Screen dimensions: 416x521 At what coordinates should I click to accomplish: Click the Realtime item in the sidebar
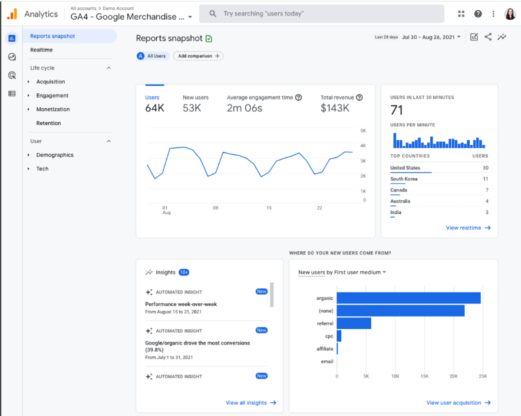pyautogui.click(x=41, y=50)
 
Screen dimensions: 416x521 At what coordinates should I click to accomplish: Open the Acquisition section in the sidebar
pyautogui.click(x=50, y=82)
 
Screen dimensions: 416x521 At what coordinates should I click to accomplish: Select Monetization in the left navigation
pyautogui.click(x=53, y=109)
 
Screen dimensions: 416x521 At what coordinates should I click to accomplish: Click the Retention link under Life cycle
pyautogui.click(x=49, y=123)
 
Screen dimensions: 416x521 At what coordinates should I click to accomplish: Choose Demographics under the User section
pyautogui.click(x=55, y=155)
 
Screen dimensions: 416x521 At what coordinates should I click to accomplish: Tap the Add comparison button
pyautogui.click(x=198, y=56)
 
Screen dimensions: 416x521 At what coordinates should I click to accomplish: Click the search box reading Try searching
pyautogui.click(x=321, y=14)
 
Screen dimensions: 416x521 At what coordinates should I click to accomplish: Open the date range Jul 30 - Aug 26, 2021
pyautogui.click(x=431, y=37)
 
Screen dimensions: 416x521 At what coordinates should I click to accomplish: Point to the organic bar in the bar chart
pyautogui.click(x=408, y=298)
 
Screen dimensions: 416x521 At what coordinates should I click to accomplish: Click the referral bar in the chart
pyautogui.click(x=354, y=323)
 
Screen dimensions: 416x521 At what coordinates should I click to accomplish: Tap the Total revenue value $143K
pyautogui.click(x=335, y=108)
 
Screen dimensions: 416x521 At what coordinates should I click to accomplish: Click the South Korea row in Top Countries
pyautogui.click(x=404, y=179)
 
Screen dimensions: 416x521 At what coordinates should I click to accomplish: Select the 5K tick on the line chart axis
pyautogui.click(x=363, y=131)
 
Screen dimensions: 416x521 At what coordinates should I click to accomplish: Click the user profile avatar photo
pyautogui.click(x=510, y=14)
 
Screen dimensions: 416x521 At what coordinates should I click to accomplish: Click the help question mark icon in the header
pyautogui.click(x=478, y=14)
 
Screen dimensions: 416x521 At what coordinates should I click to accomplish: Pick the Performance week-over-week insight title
pyautogui.click(x=181, y=304)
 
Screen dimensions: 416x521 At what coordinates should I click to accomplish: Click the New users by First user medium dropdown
pyautogui.click(x=342, y=272)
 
